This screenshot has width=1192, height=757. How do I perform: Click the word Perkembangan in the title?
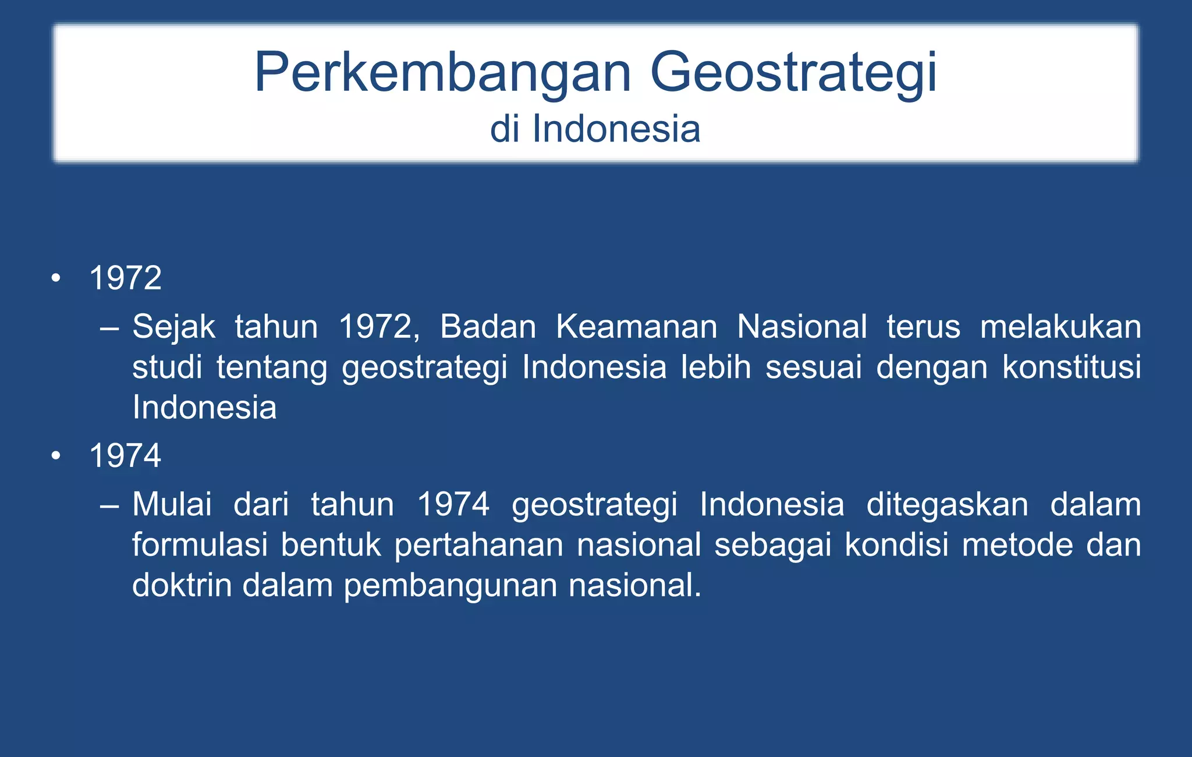click(x=442, y=73)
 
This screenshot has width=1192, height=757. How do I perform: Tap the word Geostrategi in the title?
click(x=793, y=73)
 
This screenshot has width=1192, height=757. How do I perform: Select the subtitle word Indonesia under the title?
click(x=616, y=129)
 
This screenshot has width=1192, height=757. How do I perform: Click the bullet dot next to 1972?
click(x=56, y=278)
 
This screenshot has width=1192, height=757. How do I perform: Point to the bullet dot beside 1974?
click(x=56, y=456)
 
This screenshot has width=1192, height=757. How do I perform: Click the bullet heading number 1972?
click(x=125, y=278)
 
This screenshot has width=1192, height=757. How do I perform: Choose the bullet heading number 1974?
click(x=125, y=455)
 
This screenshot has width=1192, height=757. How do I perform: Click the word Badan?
click(x=488, y=327)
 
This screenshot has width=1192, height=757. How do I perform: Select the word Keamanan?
click(x=636, y=327)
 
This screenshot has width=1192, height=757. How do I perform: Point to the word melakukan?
click(x=1060, y=327)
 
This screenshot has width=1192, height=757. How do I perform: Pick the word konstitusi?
click(x=1071, y=367)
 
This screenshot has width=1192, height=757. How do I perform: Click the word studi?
click(x=167, y=367)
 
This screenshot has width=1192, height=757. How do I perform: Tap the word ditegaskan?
click(x=947, y=505)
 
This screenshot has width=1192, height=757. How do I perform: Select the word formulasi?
click(x=200, y=545)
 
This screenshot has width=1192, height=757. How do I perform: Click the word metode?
click(x=1017, y=545)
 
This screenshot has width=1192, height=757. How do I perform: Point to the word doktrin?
click(x=182, y=585)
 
